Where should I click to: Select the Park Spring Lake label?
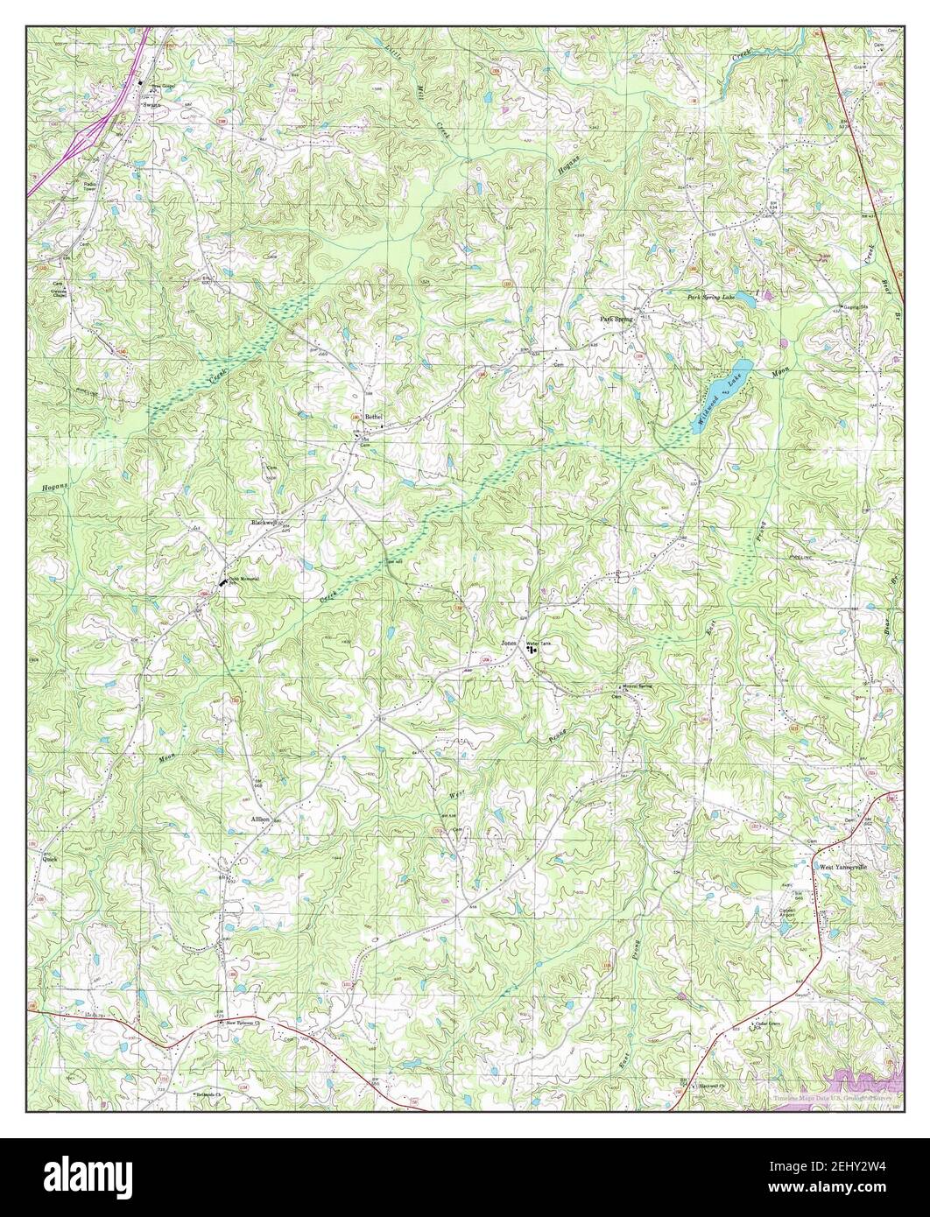pos(709,298)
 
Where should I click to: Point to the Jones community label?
pos(509,644)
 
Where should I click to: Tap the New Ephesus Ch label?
pos(245,1022)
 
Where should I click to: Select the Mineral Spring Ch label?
pos(638,686)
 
